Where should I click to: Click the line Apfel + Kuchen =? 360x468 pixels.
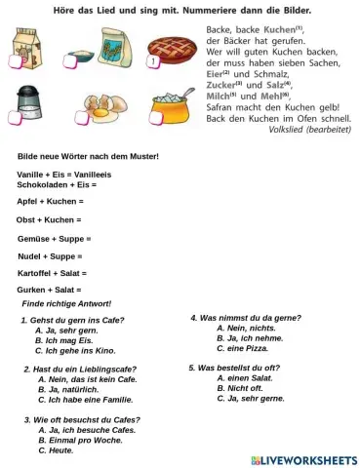(x=51, y=201)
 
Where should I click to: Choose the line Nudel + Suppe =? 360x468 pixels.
(x=51, y=255)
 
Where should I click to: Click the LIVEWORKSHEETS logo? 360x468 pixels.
(x=303, y=459)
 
